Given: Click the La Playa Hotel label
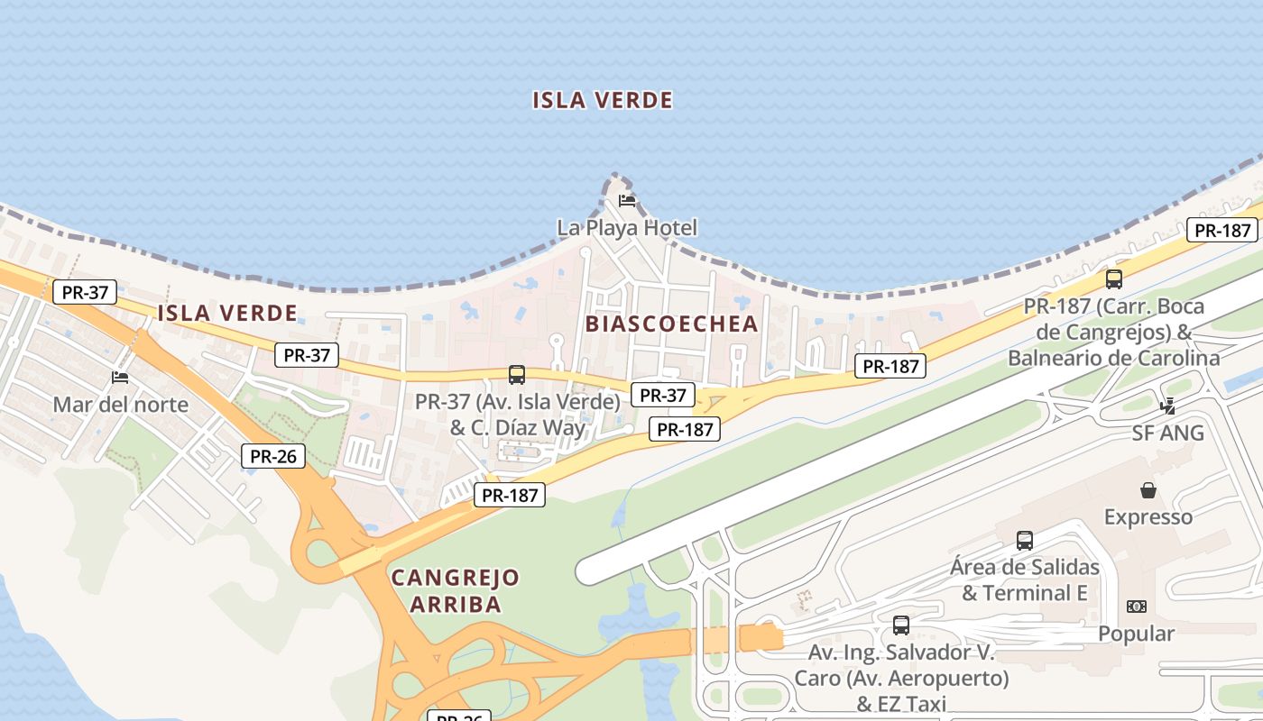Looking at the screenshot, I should click(x=627, y=227).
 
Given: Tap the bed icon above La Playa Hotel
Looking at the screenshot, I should click(x=627, y=200).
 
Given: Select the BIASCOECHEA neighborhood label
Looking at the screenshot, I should click(x=672, y=324).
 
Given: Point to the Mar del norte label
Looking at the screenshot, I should click(x=120, y=404).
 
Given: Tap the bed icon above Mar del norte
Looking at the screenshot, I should click(x=120, y=377).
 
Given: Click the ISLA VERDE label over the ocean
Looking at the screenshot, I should click(x=603, y=100).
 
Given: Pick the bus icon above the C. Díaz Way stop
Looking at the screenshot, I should click(x=517, y=375).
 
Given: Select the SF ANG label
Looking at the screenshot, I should click(x=1168, y=433).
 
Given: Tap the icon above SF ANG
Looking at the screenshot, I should click(x=1168, y=406).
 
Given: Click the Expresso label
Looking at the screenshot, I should click(x=1148, y=516).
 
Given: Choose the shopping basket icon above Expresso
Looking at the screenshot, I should click(x=1148, y=490).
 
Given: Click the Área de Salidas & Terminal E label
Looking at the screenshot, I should click(x=1025, y=580).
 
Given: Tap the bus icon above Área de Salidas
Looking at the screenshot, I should click(x=1025, y=541).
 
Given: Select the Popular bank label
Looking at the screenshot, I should click(x=1136, y=634).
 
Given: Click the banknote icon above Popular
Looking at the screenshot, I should click(x=1136, y=607).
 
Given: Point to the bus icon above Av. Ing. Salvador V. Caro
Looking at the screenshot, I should click(x=900, y=625).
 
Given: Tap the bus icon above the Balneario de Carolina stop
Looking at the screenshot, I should click(x=1114, y=279).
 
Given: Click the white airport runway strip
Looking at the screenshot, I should click(x=902, y=433).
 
